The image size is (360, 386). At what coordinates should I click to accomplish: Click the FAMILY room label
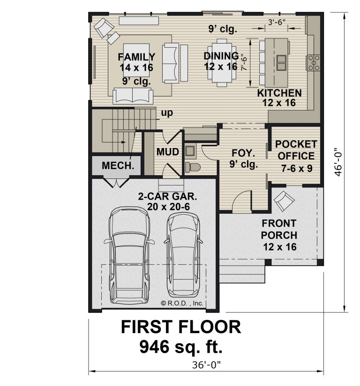pyautogui.click(x=136, y=57)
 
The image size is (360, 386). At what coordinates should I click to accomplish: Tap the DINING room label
pyautogui.click(x=221, y=56)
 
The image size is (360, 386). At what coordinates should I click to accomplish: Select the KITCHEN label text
pyautogui.click(x=279, y=93)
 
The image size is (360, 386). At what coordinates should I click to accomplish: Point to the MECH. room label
pyautogui.click(x=118, y=165)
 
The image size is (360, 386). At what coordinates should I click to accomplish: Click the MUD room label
pyautogui.click(x=168, y=152)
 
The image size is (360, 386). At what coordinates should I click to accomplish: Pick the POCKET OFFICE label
pyautogui.click(x=296, y=150)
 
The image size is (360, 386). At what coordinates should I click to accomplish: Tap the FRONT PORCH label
pyautogui.click(x=279, y=229)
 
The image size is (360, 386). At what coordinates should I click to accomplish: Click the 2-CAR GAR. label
pyautogui.click(x=167, y=196)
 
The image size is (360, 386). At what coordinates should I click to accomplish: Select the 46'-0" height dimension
pyautogui.click(x=338, y=162)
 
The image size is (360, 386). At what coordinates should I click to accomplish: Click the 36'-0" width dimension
pyautogui.click(x=206, y=364)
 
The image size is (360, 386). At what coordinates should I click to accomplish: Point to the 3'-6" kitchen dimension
pyautogui.click(x=277, y=22)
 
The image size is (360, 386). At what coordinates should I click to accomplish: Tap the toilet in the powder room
pyautogui.click(x=193, y=167)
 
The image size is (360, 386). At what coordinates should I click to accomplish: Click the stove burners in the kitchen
pyautogui.click(x=314, y=63)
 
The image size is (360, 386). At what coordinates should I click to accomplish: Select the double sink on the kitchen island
pyautogui.click(x=281, y=63)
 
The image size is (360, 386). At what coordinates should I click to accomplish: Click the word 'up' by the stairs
pyautogui.click(x=167, y=113)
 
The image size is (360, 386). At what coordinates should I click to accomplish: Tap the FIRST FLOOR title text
pyautogui.click(x=181, y=327)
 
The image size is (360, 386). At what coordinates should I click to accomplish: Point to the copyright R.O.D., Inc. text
pyautogui.click(x=182, y=303)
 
